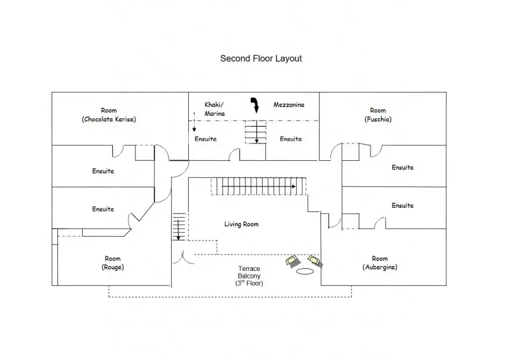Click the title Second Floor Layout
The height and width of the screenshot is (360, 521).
[261, 59]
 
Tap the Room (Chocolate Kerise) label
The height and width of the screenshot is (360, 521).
[109, 115]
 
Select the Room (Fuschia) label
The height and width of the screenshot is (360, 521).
[378, 115]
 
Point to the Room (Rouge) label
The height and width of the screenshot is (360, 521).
[113, 263]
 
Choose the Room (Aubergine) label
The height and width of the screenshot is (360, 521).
[380, 263]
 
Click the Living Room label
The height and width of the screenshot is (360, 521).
[241, 224]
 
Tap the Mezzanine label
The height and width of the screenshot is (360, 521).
[289, 105]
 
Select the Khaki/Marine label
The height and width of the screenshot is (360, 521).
[215, 109]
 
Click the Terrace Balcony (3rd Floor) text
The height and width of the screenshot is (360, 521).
[249, 276]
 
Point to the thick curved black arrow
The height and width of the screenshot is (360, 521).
[255, 105]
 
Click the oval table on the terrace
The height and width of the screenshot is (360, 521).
[305, 271]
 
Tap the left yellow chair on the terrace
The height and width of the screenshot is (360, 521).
[292, 261]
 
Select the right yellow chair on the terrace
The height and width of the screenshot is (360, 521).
[315, 260]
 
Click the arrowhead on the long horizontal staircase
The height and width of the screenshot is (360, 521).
[293, 186]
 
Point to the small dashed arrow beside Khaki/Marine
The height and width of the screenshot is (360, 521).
[194, 122]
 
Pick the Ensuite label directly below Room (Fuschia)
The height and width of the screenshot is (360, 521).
[403, 167]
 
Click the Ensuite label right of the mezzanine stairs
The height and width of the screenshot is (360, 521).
[291, 139]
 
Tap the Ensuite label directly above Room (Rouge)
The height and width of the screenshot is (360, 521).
[103, 209]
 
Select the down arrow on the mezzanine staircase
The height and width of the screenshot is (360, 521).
[256, 132]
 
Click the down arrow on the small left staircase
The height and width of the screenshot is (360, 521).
[178, 230]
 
